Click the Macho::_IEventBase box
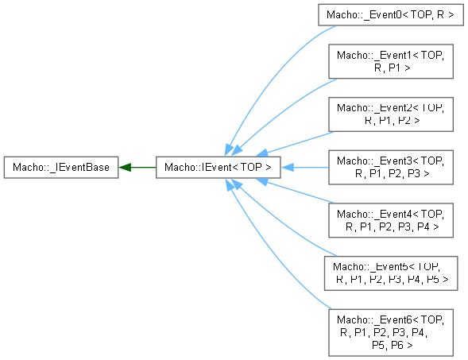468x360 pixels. coord(61,167)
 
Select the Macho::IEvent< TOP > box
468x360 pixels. coord(219,167)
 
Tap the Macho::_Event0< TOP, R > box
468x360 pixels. coord(391,14)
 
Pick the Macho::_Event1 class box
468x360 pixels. coord(391,61)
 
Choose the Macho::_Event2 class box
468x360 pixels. coord(391,114)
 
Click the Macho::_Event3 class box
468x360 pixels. coord(391,167)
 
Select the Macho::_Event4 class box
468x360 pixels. coord(391,220)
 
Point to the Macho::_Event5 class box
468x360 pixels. coord(391,273)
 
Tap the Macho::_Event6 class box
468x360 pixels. coord(391,332)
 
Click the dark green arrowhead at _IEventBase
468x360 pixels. coord(125,168)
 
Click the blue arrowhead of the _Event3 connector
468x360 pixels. coord(287,168)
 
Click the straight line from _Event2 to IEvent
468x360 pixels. coord(300,142)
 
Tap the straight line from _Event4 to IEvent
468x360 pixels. coord(300,192)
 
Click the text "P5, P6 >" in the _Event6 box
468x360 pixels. coord(393,345)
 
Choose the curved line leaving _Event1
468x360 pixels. coord(284,112)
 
